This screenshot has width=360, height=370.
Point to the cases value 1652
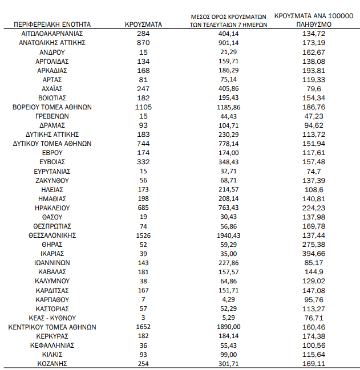coord(144,327)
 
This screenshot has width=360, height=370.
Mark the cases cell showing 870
coord(144,43)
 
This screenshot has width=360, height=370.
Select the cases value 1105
coord(144,107)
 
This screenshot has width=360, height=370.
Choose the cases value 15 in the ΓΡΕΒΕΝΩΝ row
coord(144,116)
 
